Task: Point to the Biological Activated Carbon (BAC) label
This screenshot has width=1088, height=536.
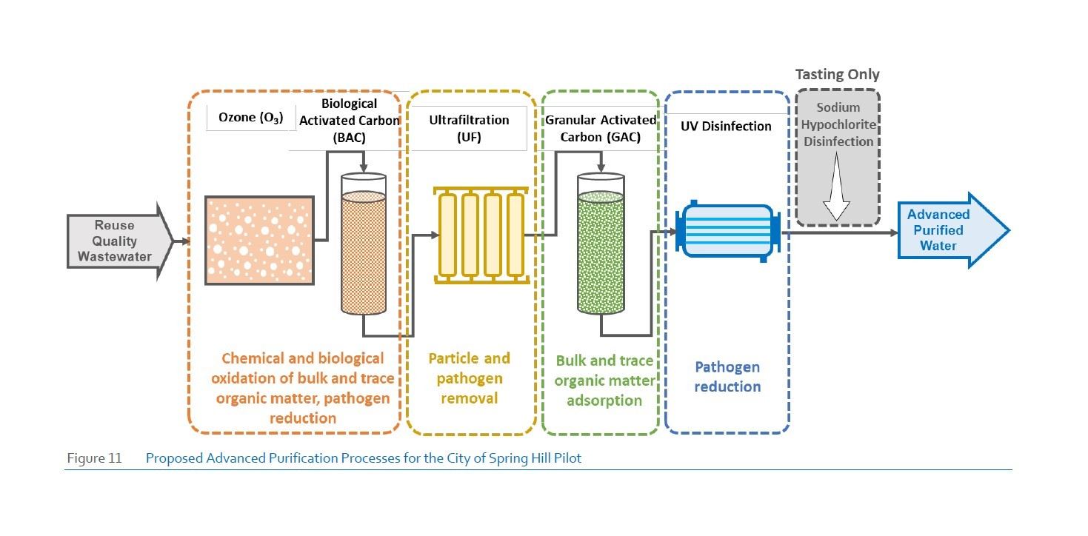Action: pos(349,120)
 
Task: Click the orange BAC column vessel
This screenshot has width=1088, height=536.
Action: pos(363,244)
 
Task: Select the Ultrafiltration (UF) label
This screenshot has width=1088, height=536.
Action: pos(470,127)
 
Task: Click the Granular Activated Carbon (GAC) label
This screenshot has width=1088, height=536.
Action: pos(600,127)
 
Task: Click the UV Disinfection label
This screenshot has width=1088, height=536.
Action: pos(726,126)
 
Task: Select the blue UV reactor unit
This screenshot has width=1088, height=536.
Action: pos(727,230)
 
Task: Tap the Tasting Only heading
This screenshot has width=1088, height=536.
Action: pos(837,75)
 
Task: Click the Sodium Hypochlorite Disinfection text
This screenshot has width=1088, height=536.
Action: pos(838,124)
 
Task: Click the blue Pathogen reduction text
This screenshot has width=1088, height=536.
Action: pos(727,377)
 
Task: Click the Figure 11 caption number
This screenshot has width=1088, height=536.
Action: pos(94,458)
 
